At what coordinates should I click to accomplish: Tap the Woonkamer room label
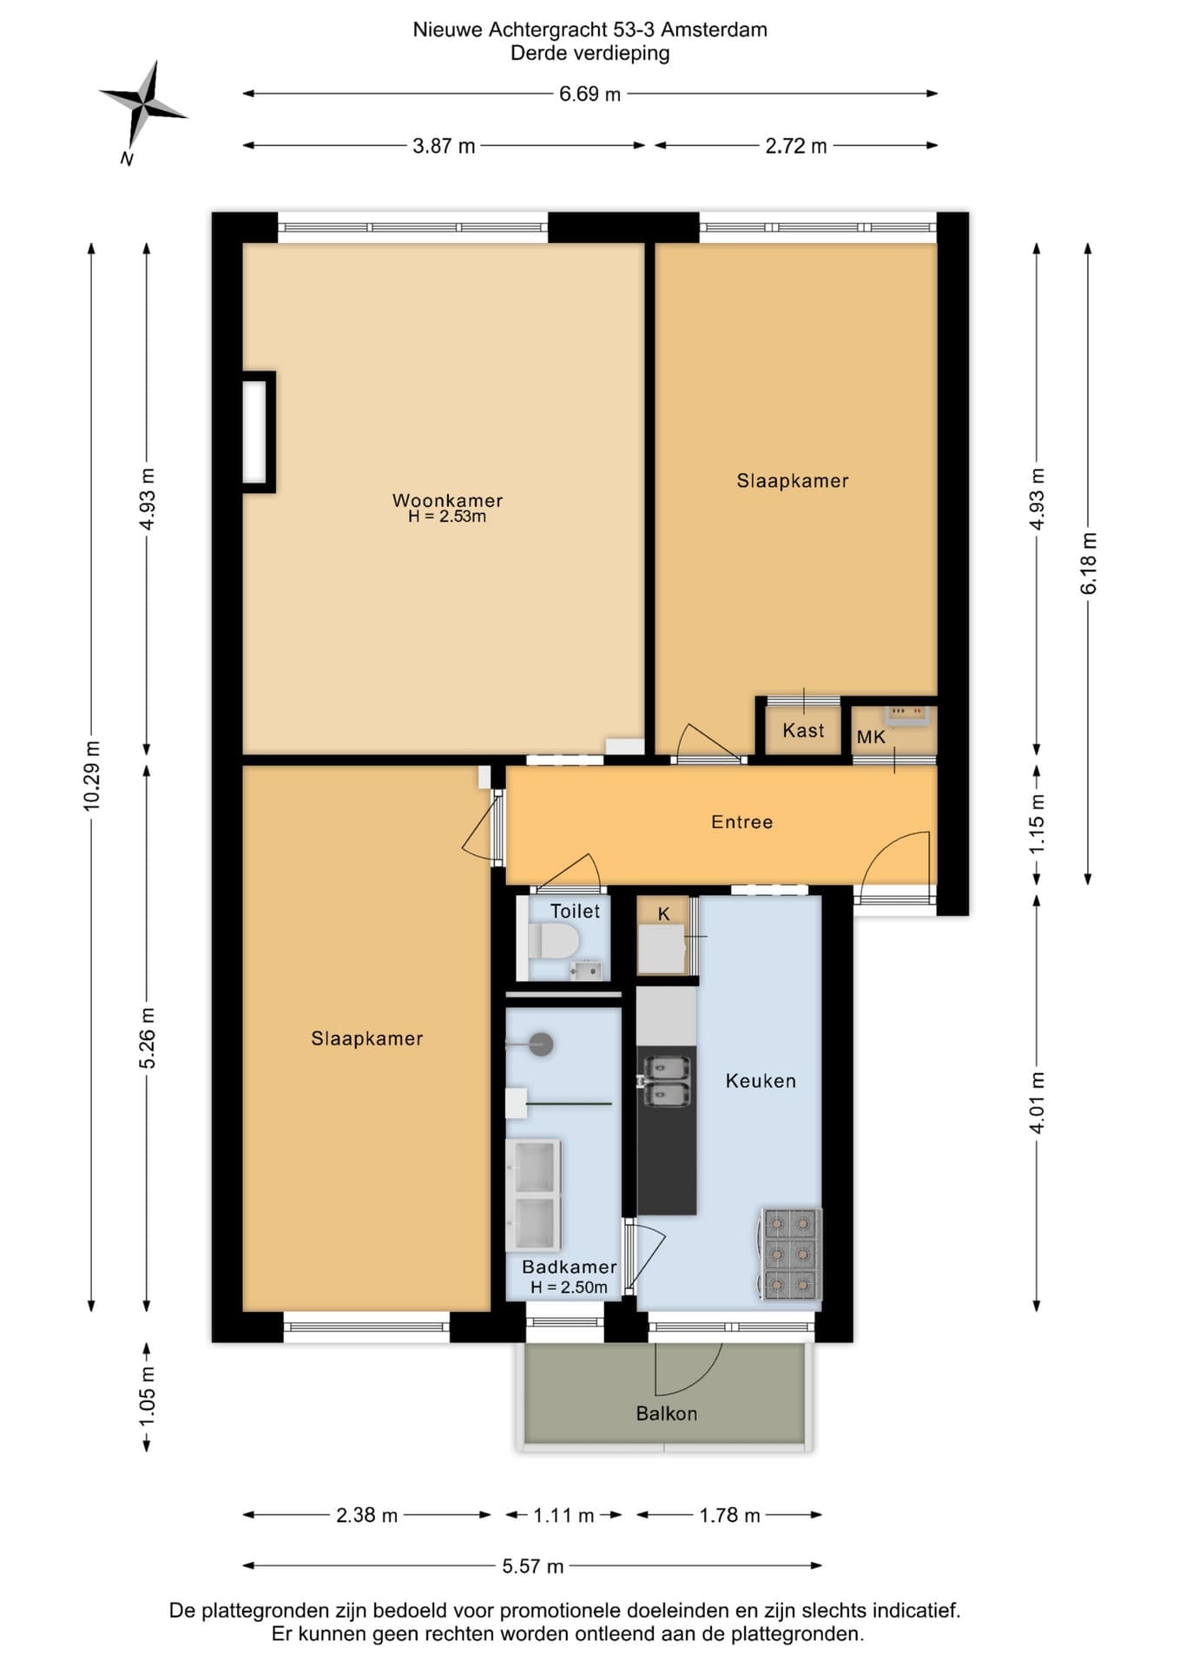447,500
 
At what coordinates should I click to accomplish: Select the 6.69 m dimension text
589,94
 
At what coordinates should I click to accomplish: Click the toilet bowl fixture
553,940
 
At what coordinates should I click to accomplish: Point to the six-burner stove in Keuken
791,1254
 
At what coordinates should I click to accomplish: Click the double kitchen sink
665,1080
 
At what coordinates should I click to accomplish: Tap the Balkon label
666,1413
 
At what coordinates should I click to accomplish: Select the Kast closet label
803,730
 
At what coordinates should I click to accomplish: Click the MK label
871,737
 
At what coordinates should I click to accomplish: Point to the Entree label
741,821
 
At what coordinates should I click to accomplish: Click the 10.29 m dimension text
92,776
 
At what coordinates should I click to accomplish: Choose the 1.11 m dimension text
563,1516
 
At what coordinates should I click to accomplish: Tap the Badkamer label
569,1267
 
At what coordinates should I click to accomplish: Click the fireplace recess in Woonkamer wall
257,432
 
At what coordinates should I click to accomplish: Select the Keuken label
761,1081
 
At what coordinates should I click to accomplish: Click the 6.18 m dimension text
1089,563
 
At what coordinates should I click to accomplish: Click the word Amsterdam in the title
714,30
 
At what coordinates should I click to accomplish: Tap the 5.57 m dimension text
532,1566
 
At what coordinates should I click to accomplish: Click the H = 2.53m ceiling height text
447,517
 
